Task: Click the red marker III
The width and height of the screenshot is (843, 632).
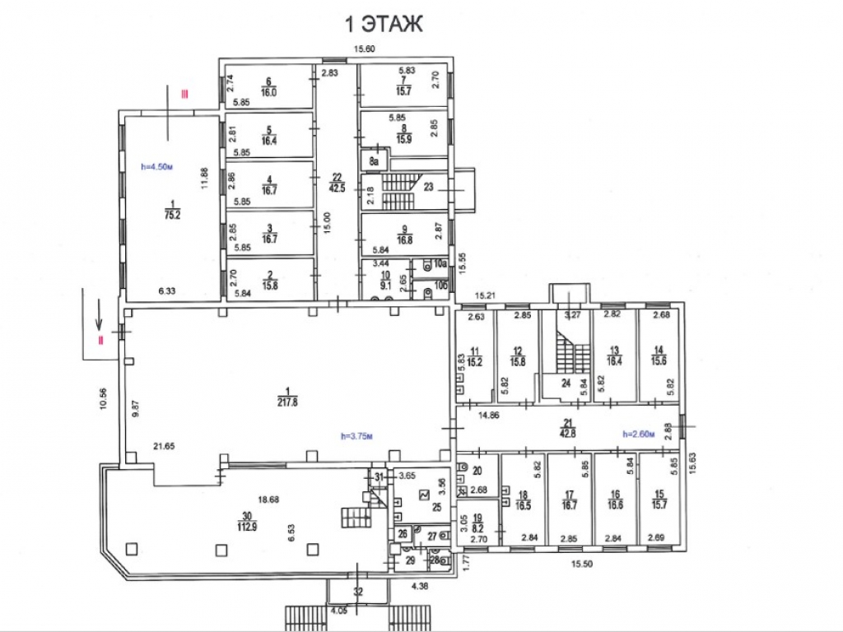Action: pyautogui.click(x=186, y=96)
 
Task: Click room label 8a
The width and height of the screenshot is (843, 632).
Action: pyautogui.click(x=374, y=161)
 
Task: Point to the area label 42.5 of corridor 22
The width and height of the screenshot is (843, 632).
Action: pyautogui.click(x=336, y=186)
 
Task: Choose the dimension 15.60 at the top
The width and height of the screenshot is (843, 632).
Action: pyautogui.click(x=365, y=49)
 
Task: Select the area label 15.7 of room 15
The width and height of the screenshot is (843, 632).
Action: pyautogui.click(x=657, y=504)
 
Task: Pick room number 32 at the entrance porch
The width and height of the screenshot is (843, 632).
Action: pyautogui.click(x=358, y=591)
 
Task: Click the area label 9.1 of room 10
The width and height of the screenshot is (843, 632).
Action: pyautogui.click(x=385, y=288)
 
